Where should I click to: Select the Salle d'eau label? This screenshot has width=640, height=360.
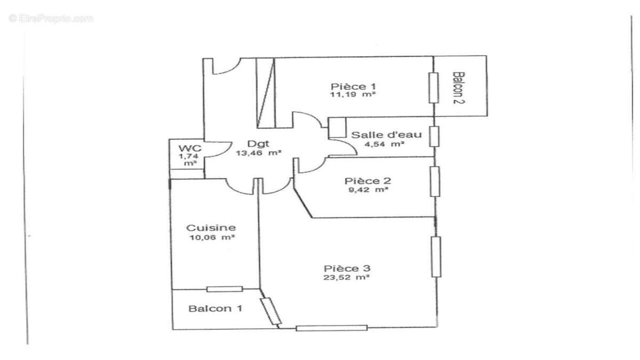click(386, 134)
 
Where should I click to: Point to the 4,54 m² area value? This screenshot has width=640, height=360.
click(384, 143)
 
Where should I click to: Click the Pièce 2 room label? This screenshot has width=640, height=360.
click(367, 180)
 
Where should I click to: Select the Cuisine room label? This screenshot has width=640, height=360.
click(212, 228)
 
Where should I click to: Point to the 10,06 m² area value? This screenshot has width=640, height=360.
click(212, 237)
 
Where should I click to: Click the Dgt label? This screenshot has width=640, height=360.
click(259, 143)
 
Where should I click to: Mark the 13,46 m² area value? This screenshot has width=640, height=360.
click(259, 152)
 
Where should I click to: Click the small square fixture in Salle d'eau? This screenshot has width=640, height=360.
click(338, 127)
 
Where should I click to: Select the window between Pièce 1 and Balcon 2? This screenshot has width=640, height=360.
click(434, 87)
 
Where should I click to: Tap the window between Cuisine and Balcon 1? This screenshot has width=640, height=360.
click(225, 289)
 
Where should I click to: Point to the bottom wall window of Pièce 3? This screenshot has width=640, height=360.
click(332, 328)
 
